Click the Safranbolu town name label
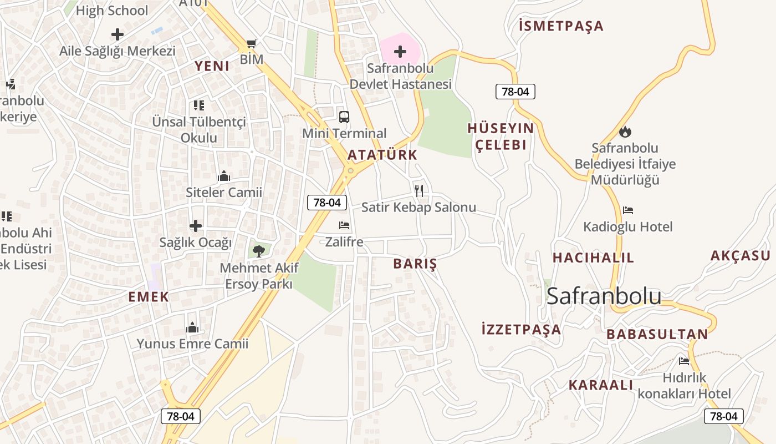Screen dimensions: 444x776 604,296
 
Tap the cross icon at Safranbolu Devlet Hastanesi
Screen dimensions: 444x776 400,52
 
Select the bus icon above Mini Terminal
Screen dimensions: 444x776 344,117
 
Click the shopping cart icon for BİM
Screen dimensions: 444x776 251,43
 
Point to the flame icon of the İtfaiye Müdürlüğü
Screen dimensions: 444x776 625,132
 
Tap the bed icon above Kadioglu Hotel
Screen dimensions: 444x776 627,210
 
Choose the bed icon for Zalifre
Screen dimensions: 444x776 344,225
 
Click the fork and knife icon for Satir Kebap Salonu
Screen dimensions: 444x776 419,191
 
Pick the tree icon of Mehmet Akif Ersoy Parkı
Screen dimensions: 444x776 258,251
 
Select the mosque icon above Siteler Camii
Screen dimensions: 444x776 224,176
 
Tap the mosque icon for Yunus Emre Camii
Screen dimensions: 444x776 192,327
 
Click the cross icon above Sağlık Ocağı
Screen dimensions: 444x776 196,226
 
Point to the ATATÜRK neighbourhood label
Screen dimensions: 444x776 382,155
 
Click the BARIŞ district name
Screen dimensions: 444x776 415,264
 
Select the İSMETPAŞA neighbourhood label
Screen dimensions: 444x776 561,26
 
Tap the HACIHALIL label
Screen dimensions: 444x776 593,258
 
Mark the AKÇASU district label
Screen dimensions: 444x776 741,256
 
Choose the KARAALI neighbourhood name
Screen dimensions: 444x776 600,385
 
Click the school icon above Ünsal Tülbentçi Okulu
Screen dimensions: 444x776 198,105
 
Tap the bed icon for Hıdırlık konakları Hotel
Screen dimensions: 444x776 684,361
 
